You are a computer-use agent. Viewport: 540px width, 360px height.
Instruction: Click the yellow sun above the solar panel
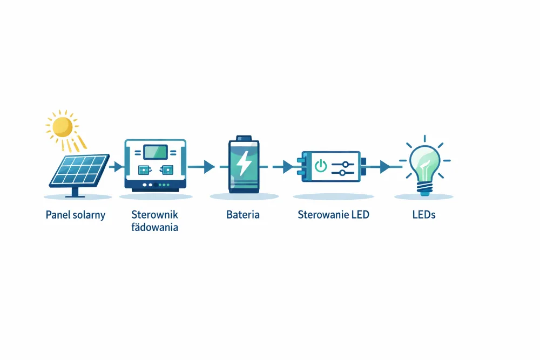[x=63, y=127]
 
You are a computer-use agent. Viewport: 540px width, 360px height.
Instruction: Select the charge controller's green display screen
[x=156, y=152]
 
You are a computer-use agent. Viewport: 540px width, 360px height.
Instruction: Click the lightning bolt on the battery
[x=245, y=164]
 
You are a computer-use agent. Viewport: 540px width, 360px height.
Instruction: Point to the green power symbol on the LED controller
[x=321, y=166]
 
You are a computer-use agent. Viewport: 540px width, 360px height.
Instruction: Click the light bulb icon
[x=424, y=166]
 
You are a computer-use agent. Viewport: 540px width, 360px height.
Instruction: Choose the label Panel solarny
[x=76, y=215]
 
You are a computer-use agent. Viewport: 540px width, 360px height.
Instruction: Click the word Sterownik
[x=154, y=214]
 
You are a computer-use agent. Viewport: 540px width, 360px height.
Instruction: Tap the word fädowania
[x=154, y=227]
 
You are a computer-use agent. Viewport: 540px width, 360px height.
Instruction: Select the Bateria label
[x=243, y=215]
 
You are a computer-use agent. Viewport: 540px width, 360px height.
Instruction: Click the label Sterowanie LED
[x=333, y=215]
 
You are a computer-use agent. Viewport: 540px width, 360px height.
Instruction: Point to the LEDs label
[x=424, y=215]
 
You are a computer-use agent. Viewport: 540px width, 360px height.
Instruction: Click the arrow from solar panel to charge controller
[x=116, y=167]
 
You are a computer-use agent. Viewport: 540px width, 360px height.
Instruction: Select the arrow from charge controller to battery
[x=201, y=167]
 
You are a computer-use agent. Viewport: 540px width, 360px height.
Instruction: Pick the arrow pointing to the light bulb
[x=382, y=167]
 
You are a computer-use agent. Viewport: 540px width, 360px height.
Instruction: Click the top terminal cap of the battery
[x=244, y=138]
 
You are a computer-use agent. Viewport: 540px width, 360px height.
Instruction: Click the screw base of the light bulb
[x=424, y=188]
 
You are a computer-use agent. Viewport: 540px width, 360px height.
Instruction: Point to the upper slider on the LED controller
[x=343, y=165]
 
